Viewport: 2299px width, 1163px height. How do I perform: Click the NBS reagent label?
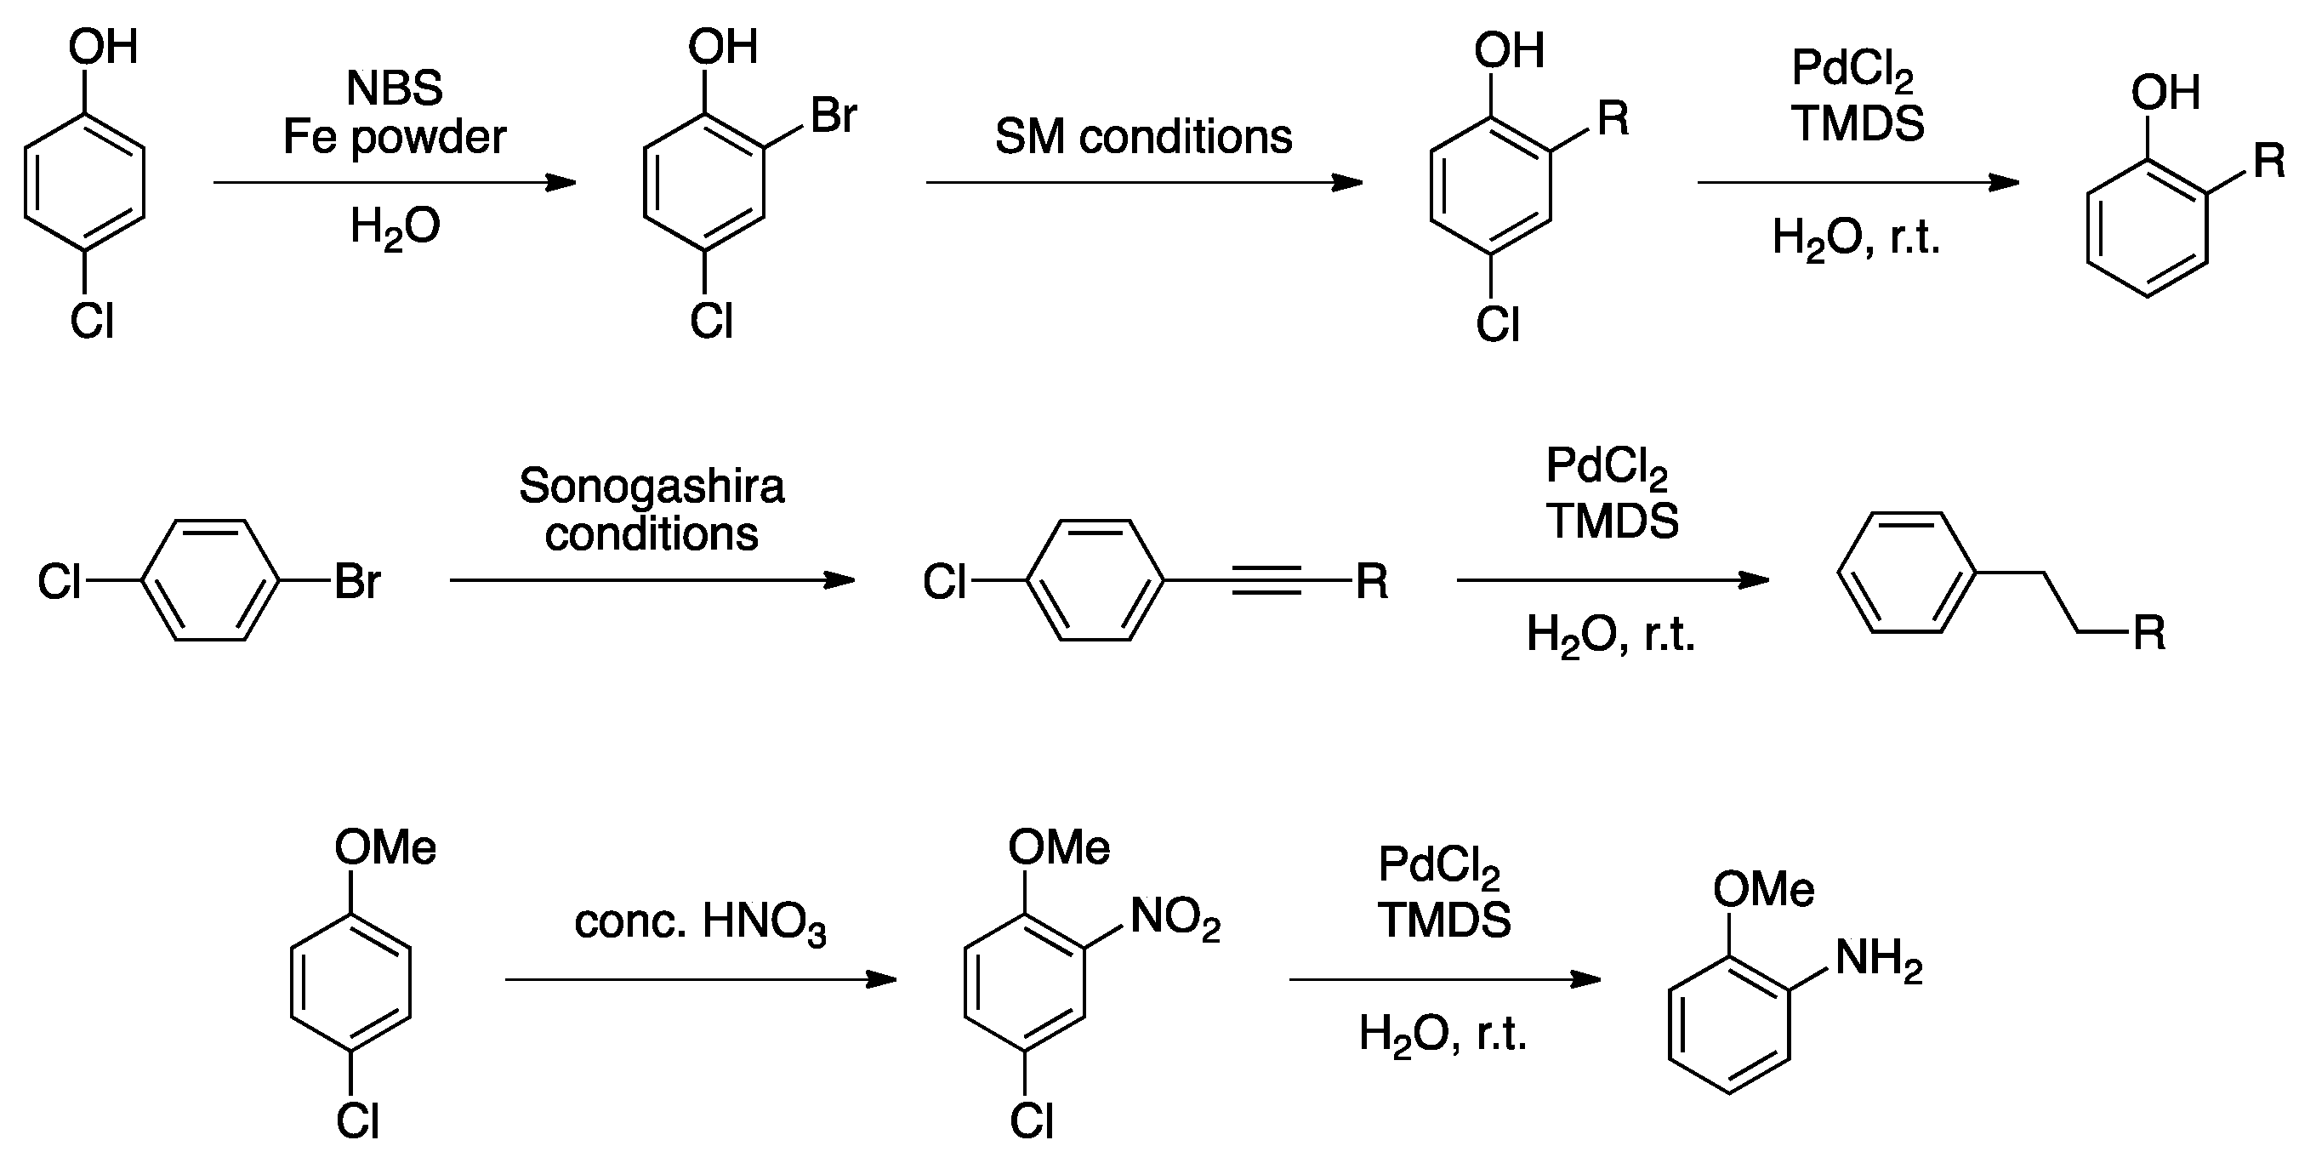[x=394, y=88]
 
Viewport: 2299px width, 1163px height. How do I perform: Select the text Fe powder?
[x=395, y=138]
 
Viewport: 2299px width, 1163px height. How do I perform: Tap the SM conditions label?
[x=1143, y=138]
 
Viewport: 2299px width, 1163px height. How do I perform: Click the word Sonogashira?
[x=652, y=487]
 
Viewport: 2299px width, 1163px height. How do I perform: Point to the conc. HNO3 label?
[x=700, y=922]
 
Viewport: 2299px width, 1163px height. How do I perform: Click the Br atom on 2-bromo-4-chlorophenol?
[x=834, y=116]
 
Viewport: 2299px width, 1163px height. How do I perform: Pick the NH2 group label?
[x=1878, y=960]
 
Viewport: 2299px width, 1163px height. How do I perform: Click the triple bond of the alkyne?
[x=1266, y=581]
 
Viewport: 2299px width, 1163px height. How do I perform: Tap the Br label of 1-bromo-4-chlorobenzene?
[x=357, y=582]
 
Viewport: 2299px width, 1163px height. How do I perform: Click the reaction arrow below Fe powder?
[x=394, y=183]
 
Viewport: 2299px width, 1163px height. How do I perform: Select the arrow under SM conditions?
[x=1143, y=183]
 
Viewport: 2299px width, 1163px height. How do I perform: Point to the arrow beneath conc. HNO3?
[x=700, y=980]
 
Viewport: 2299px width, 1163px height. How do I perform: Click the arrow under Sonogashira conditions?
[x=652, y=581]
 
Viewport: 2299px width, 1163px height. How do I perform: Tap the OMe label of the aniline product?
[x=1762, y=890]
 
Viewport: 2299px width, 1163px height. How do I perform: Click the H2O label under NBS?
[x=395, y=226]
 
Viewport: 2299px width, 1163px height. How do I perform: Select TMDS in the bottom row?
[x=1443, y=921]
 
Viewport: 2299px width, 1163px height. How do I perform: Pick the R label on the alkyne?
[x=1372, y=582]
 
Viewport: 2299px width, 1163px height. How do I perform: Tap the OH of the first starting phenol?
[x=103, y=47]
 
